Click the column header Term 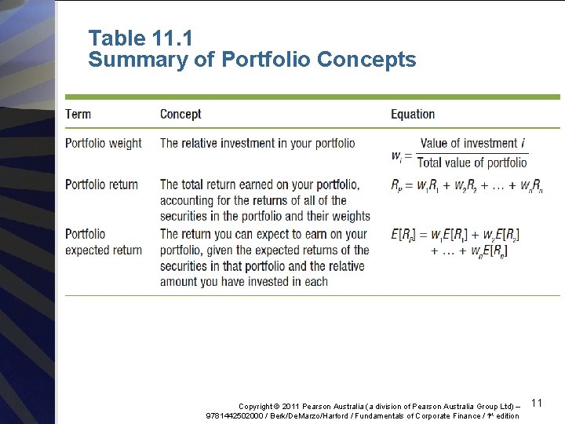[x=78, y=114]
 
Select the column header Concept [x=180, y=114]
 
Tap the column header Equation [x=413, y=114]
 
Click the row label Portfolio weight [x=104, y=144]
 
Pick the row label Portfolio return [x=101, y=185]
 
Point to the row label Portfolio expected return [x=103, y=242]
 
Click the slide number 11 [x=537, y=403]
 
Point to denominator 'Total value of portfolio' [x=472, y=163]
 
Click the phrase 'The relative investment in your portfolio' [x=257, y=144]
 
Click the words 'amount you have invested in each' [x=244, y=282]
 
